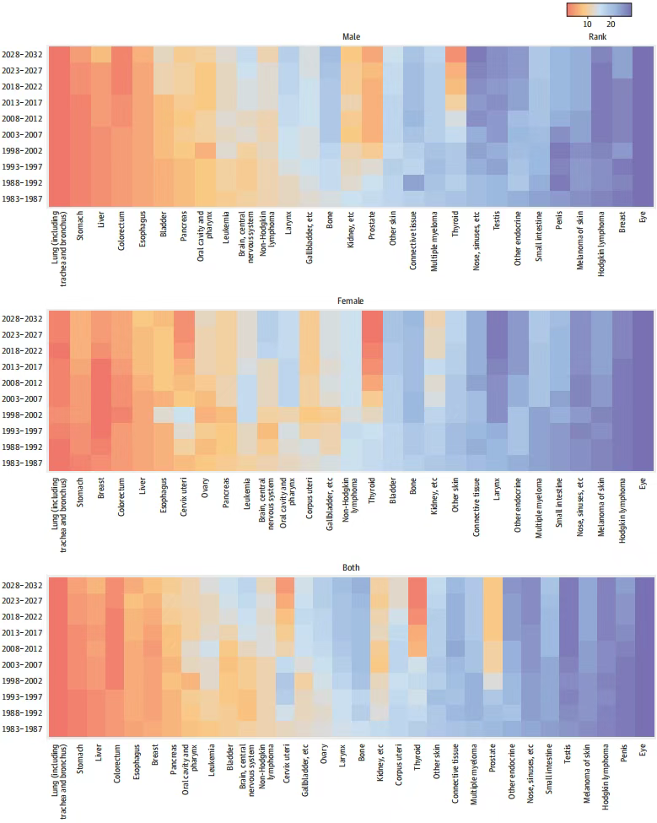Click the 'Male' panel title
(x=351, y=37)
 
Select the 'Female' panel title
(x=350, y=301)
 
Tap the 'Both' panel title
(x=351, y=567)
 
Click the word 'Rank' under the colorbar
(x=597, y=37)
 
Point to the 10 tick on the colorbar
(x=587, y=24)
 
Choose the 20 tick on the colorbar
(x=611, y=24)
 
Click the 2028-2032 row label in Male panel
(x=22, y=55)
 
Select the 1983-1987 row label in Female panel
(x=22, y=463)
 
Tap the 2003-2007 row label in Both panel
(x=22, y=664)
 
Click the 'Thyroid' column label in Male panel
(x=455, y=224)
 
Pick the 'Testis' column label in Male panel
(x=497, y=220)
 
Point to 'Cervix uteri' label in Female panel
(x=184, y=496)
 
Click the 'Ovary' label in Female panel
(x=205, y=488)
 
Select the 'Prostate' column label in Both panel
(x=493, y=758)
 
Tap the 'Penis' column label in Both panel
(x=624, y=753)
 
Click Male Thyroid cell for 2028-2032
(x=455, y=55)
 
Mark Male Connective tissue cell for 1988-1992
(x=414, y=182)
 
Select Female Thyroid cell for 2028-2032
(x=372, y=318)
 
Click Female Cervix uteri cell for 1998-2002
(x=184, y=414)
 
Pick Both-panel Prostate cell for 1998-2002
(x=493, y=680)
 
